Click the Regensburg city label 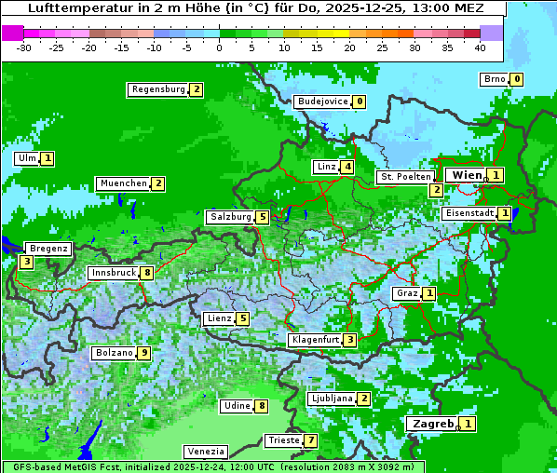[157, 89]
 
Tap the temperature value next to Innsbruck [147, 273]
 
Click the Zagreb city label [433, 424]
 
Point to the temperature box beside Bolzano [143, 353]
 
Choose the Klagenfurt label [314, 340]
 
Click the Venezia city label [204, 451]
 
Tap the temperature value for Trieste [311, 440]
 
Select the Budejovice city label [323, 101]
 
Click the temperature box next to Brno [516, 79]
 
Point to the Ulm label [26, 158]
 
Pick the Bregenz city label [48, 249]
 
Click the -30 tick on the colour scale [24, 47]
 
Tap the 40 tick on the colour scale [480, 47]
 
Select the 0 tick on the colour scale [219, 47]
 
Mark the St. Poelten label [405, 176]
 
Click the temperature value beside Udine [262, 406]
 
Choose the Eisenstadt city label [469, 213]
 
